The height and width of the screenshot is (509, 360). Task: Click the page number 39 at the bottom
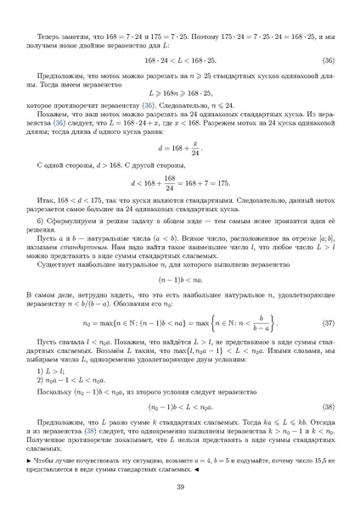tap(180, 486)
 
